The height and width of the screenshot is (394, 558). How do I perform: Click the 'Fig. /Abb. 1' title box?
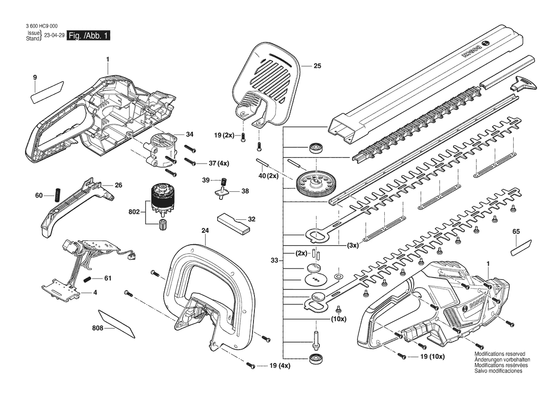(89, 36)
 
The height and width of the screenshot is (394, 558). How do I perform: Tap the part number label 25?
(317, 66)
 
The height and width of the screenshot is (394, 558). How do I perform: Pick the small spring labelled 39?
(224, 181)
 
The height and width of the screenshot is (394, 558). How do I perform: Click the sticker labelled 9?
(48, 92)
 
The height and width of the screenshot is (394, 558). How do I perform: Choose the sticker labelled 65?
(521, 248)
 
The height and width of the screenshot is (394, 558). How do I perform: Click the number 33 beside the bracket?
(274, 260)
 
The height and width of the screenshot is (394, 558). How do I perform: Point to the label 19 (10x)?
(432, 357)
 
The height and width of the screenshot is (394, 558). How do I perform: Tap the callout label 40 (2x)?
(268, 176)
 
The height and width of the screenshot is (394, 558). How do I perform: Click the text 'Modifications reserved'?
(500, 354)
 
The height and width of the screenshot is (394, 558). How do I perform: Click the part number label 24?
(205, 230)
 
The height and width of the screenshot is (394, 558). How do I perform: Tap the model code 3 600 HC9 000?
(42, 26)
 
